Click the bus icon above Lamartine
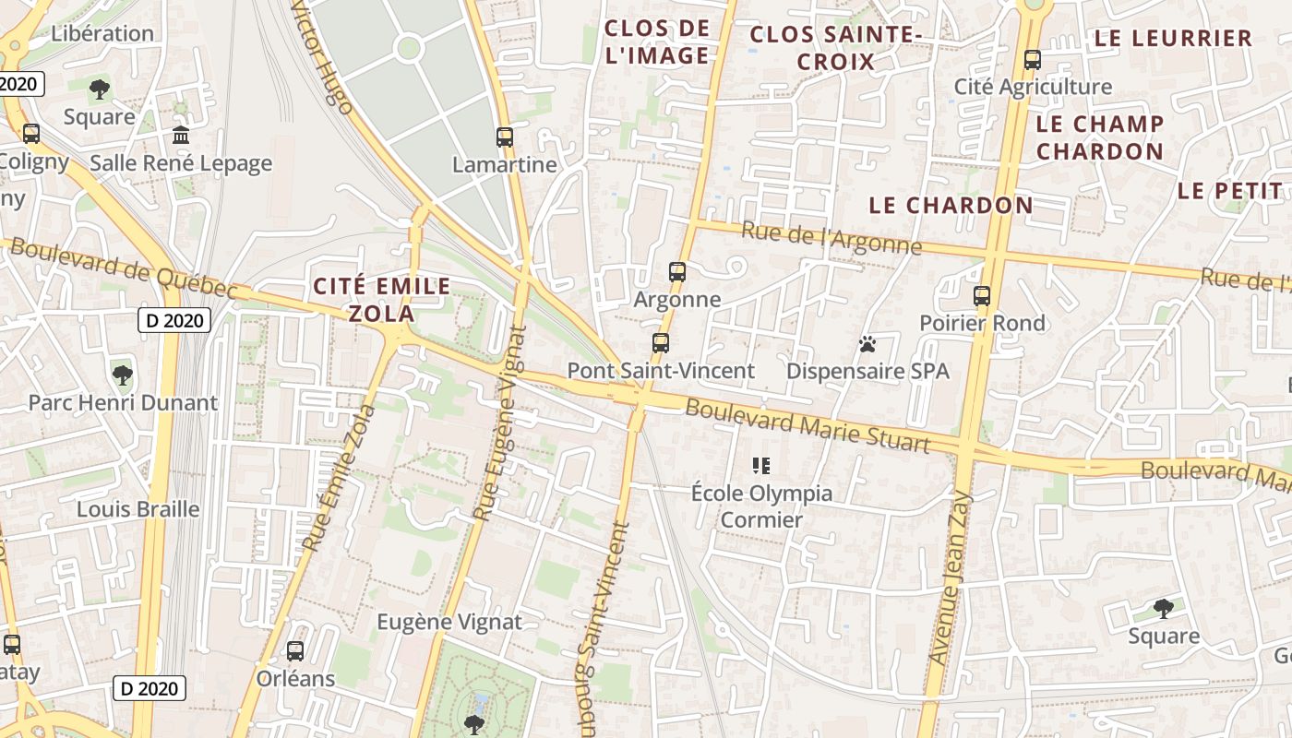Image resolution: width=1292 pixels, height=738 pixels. pyautogui.click(x=504, y=137)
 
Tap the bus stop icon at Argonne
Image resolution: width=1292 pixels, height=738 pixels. pyautogui.click(x=677, y=272)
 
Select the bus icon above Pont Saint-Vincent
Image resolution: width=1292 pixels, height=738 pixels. pyautogui.click(x=661, y=343)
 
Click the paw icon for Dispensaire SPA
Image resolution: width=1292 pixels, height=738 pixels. pyautogui.click(x=867, y=344)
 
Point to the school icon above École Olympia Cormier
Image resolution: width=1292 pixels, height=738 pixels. pyautogui.click(x=761, y=465)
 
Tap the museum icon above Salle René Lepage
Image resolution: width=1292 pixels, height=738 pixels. pyautogui.click(x=181, y=136)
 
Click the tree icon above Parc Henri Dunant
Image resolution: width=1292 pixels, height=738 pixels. pyautogui.click(x=122, y=375)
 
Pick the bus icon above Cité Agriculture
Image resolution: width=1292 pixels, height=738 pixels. pyautogui.click(x=1033, y=60)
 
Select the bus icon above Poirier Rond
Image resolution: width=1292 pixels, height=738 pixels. pyautogui.click(x=982, y=296)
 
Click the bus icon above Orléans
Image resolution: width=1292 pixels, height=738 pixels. pyautogui.click(x=295, y=651)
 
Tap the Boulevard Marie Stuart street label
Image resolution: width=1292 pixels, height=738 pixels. pyautogui.click(x=807, y=425)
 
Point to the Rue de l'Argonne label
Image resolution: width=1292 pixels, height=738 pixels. pyautogui.click(x=831, y=238)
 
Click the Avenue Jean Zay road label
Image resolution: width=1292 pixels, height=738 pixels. pyautogui.click(x=951, y=578)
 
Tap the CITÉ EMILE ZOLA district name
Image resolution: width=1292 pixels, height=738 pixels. pyautogui.click(x=381, y=299)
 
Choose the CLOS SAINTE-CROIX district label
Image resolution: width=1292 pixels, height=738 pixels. pyautogui.click(x=836, y=48)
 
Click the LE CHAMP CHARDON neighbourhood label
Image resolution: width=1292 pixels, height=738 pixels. pyautogui.click(x=1099, y=137)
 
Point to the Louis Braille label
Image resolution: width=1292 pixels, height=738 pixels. pyautogui.click(x=138, y=509)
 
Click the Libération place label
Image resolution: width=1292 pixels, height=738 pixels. pyautogui.click(x=102, y=33)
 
